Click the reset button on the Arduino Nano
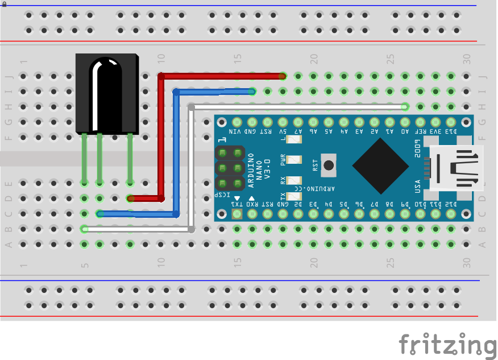pos(328,165)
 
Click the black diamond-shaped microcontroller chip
pos(380,165)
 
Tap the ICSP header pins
pos(229,168)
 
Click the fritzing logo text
pos(447,345)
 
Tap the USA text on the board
pos(418,185)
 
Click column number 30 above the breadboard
pos(467,58)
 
